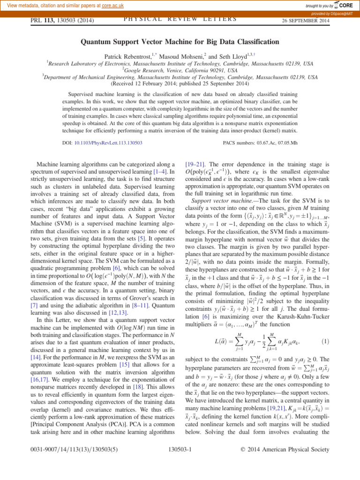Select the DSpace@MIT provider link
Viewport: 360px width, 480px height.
[338, 14]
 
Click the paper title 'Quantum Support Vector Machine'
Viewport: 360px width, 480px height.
[180, 42]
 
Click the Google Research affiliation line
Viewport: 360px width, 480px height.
[180, 70]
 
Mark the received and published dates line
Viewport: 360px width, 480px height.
[180, 84]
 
